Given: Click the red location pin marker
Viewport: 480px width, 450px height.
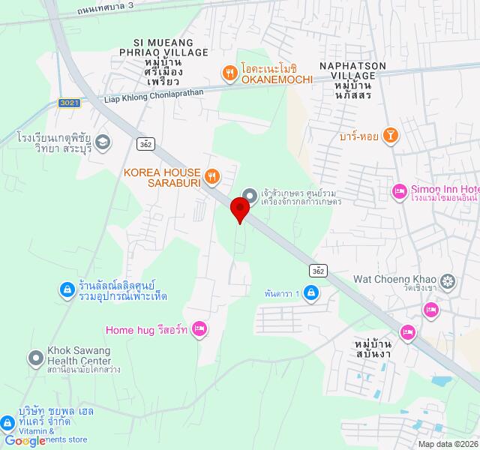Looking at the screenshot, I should click(240, 208).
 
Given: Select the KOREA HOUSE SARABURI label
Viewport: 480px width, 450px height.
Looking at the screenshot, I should click(163, 178).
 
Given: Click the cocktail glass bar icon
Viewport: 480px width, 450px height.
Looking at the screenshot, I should click(390, 136).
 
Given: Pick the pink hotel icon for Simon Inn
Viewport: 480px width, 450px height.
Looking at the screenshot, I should click(399, 193).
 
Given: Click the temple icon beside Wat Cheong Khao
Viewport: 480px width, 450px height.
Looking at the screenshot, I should click(448, 282).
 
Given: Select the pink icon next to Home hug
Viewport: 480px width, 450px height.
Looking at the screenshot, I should click(199, 328).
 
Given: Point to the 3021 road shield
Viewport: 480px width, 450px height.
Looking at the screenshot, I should click(68, 102).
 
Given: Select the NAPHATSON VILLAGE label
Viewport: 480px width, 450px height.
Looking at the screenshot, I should click(352, 71).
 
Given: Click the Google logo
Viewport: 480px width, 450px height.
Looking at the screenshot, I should click(24, 441).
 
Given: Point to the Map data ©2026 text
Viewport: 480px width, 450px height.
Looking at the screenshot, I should click(448, 444).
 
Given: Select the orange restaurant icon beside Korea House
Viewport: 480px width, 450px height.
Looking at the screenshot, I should click(213, 177).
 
